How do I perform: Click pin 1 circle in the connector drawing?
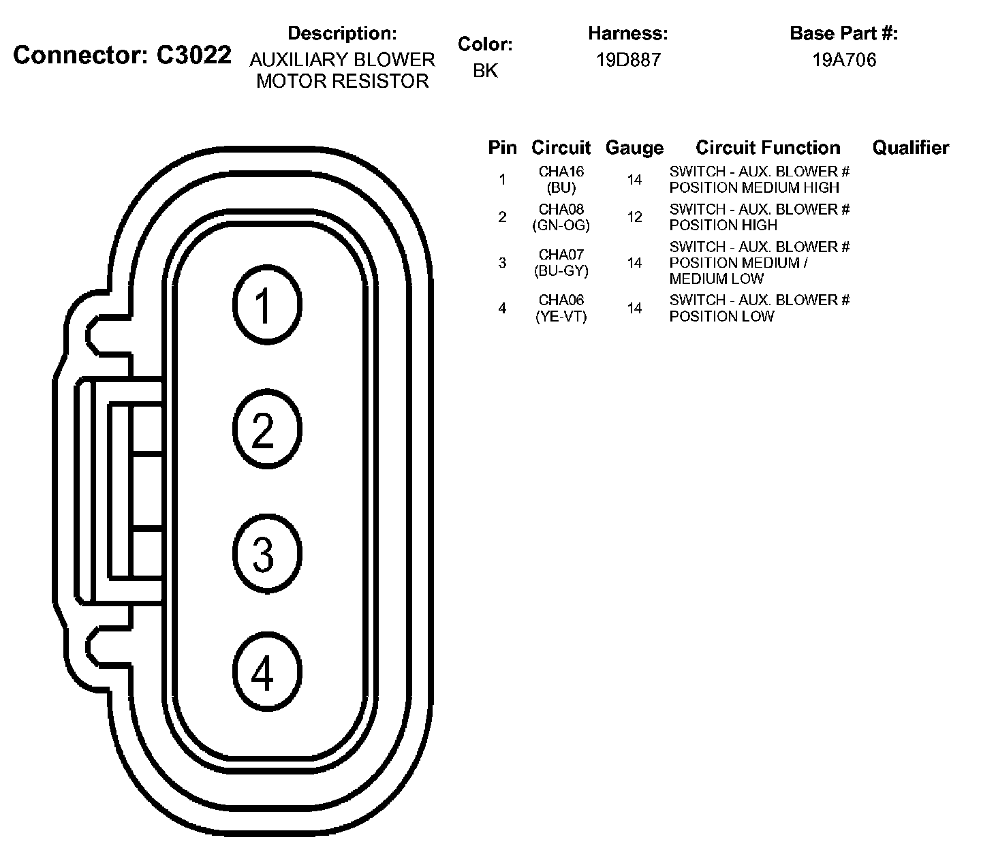click(267, 304)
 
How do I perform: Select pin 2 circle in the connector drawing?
click(266, 430)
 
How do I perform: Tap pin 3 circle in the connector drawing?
click(266, 552)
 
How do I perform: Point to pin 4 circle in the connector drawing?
click(266, 674)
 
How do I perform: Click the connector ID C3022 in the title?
click(194, 55)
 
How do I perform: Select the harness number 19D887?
click(628, 60)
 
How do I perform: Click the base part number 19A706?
click(844, 60)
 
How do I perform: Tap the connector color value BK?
click(485, 70)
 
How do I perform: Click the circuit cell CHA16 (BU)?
click(561, 180)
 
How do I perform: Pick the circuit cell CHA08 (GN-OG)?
click(561, 217)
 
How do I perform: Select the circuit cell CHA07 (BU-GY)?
click(561, 263)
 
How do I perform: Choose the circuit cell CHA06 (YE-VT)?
click(561, 309)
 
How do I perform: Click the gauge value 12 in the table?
click(635, 217)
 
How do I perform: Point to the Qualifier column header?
click(910, 148)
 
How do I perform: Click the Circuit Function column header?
click(768, 148)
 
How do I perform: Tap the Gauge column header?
click(634, 148)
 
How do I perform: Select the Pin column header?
click(503, 148)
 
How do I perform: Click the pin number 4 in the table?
click(503, 309)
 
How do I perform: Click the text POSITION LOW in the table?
click(721, 317)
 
